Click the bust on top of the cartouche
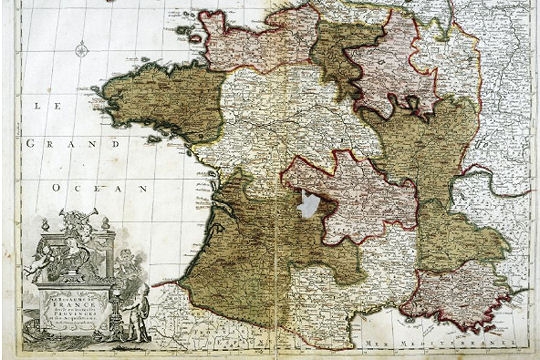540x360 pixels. [77, 221]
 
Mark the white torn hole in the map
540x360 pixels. [309, 205]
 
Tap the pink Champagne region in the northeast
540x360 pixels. [390, 65]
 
